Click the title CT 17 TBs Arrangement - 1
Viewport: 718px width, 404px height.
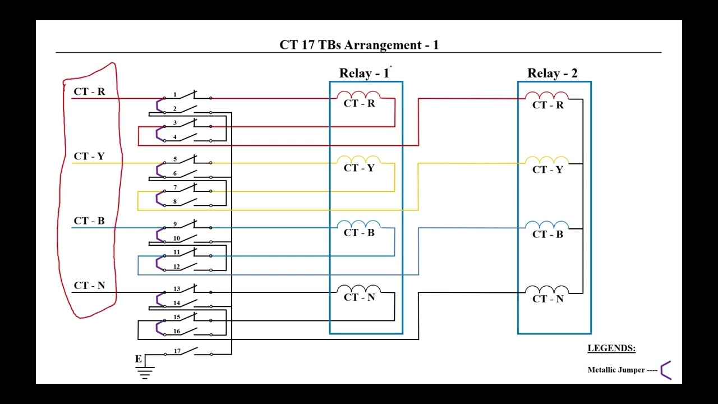click(359, 45)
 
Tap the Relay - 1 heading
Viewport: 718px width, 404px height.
click(363, 74)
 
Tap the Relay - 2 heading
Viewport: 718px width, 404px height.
click(552, 74)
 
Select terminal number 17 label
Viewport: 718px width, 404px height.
click(177, 351)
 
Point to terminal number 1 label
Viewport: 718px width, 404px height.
click(174, 95)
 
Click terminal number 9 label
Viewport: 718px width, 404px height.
click(174, 224)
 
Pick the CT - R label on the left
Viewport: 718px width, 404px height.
click(89, 91)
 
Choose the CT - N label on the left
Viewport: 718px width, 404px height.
click(89, 286)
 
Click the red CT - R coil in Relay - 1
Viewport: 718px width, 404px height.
click(358, 95)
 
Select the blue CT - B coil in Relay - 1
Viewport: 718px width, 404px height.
click(358, 224)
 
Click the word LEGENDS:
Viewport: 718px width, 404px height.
click(611, 348)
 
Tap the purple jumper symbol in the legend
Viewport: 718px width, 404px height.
click(666, 370)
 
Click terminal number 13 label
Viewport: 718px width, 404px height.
click(176, 289)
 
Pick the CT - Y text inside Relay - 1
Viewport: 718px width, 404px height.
click(359, 168)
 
